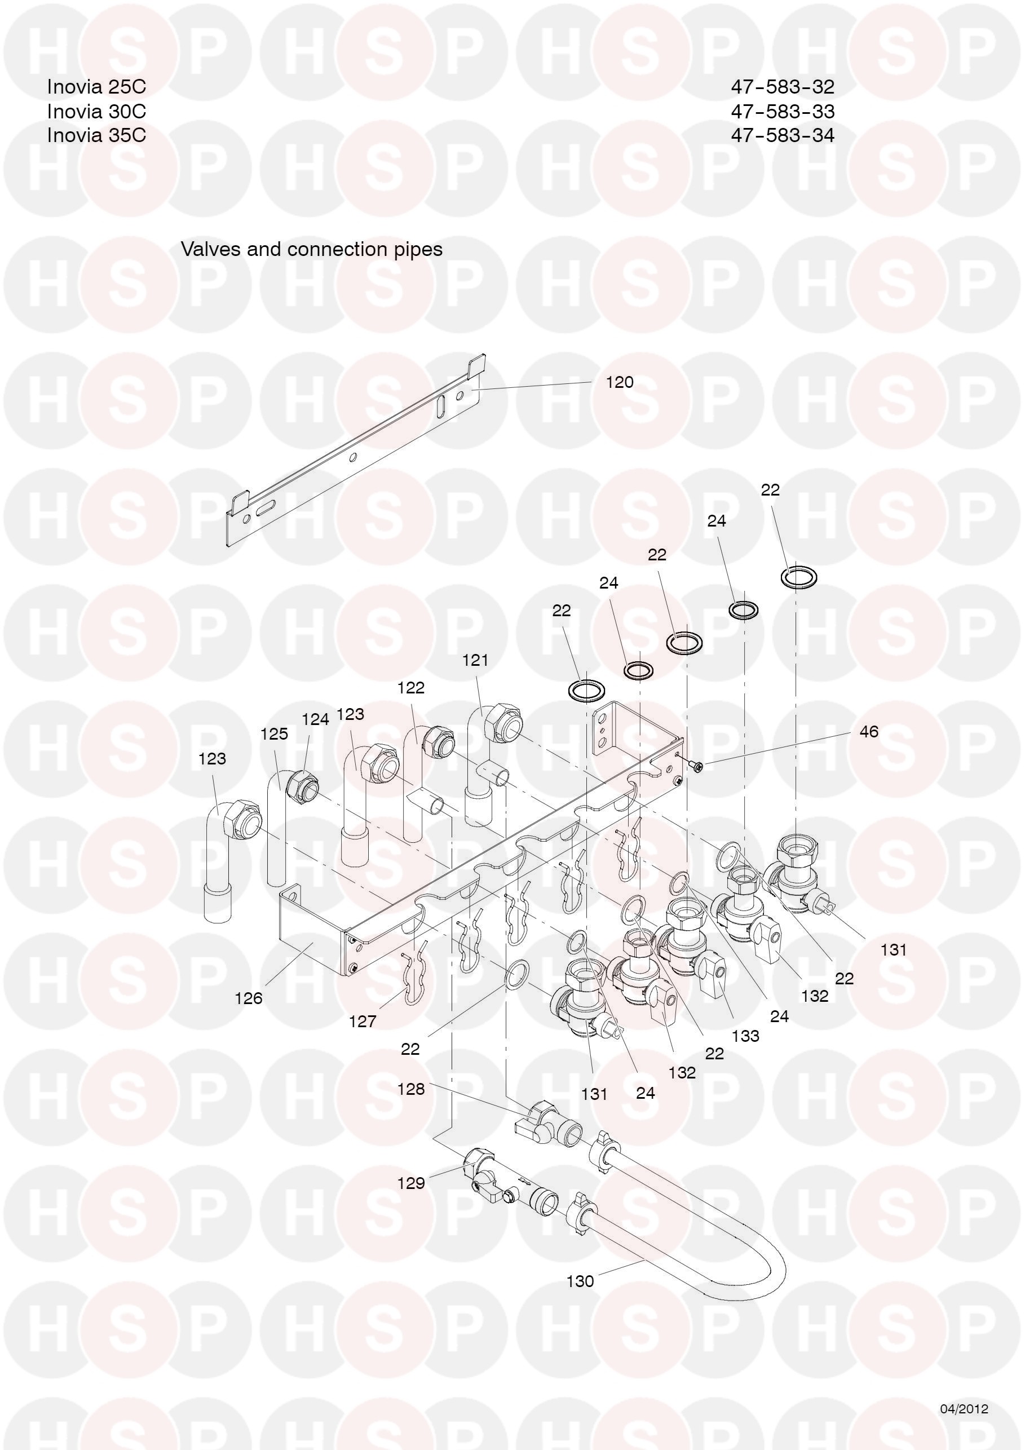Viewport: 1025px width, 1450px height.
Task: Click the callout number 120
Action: click(x=619, y=382)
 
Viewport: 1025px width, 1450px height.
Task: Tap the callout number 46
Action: click(x=869, y=731)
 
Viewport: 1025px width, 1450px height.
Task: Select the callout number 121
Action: click(x=475, y=660)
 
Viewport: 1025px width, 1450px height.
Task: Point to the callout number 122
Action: click(x=410, y=687)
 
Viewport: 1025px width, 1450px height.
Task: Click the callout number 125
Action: click(x=274, y=734)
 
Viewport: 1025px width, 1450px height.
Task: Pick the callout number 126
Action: click(x=248, y=998)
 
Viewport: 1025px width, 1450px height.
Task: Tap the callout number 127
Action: click(x=363, y=1021)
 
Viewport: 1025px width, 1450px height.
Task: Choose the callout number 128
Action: click(x=410, y=1089)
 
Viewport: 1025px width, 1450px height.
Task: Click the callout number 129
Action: click(x=410, y=1183)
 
